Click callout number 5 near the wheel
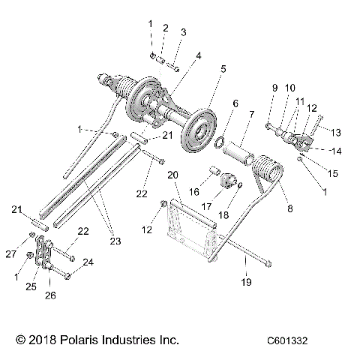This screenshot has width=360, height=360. [223, 70]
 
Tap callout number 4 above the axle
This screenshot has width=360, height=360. [198, 55]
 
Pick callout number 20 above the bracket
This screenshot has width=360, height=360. [172, 175]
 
